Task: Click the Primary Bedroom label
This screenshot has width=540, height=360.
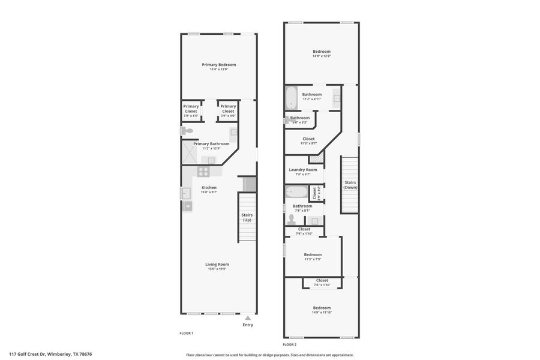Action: point(219,65)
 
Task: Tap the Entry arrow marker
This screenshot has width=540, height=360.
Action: point(248,318)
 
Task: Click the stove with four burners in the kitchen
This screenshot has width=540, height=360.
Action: point(203,171)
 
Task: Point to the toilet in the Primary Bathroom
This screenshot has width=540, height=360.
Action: point(187,131)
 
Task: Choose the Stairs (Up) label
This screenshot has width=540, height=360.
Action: point(247,217)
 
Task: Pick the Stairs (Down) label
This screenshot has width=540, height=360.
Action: point(350,185)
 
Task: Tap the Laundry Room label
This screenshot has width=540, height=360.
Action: point(303,170)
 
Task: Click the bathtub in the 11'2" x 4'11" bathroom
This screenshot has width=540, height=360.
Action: point(291,97)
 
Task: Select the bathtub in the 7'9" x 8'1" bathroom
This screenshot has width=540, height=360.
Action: point(296,192)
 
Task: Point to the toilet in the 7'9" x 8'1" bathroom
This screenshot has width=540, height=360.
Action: point(292,220)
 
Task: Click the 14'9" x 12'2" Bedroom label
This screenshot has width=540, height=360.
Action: point(322,52)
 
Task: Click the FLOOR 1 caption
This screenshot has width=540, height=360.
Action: point(187,333)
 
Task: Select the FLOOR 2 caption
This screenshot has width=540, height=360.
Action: point(290,345)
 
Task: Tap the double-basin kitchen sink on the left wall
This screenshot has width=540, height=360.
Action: point(185,193)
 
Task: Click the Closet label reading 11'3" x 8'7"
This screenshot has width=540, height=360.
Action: point(308,139)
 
